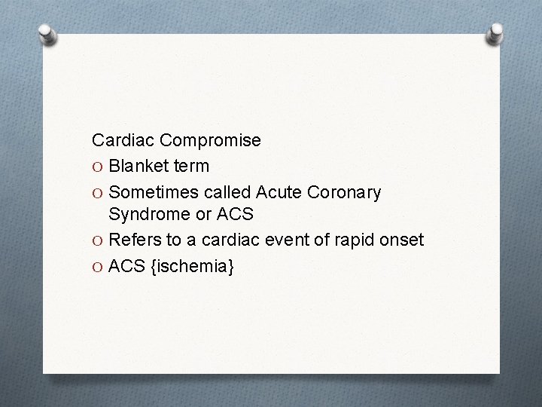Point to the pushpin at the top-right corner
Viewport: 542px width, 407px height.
point(496,34)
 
